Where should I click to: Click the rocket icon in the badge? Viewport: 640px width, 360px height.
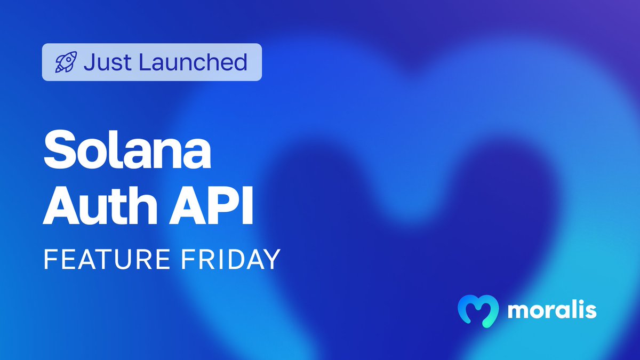click(66, 62)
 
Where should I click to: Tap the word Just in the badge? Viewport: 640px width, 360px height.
click(106, 62)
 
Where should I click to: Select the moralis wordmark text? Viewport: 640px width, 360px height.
click(551, 310)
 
